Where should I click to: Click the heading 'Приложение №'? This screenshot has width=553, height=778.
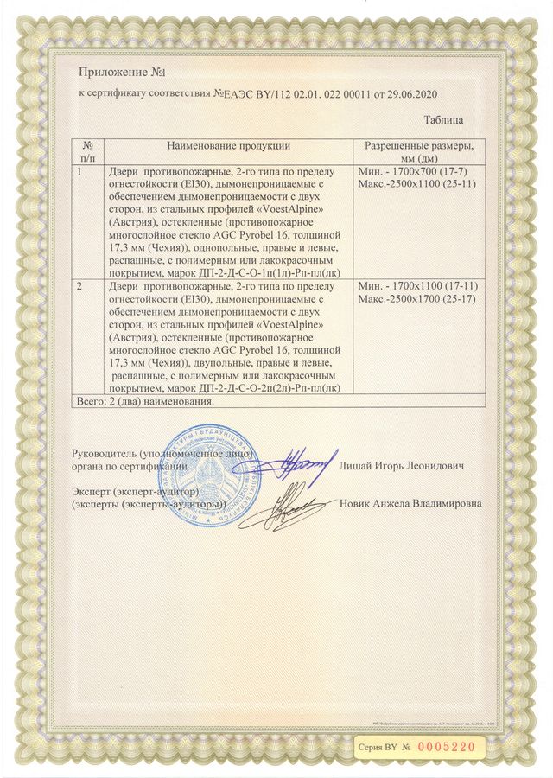click(x=121, y=71)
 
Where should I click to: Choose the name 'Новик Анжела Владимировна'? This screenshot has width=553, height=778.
click(x=411, y=503)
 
